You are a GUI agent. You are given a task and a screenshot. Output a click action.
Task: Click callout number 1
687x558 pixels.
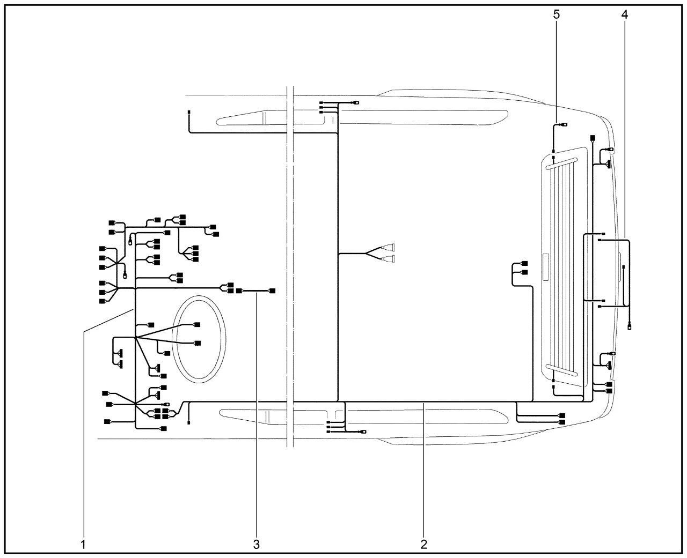tap(83, 544)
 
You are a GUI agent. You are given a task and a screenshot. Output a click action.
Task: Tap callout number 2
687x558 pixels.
tap(424, 544)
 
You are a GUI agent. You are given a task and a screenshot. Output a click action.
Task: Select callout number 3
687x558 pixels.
tap(257, 544)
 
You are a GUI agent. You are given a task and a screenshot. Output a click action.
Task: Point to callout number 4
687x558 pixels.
tap(624, 14)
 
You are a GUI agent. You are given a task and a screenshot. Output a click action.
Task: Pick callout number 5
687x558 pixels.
tap(557, 14)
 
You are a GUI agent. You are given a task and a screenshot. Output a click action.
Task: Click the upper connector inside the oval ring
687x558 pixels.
tap(197, 324)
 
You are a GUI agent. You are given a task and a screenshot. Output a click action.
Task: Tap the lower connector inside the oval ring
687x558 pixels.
tap(198, 343)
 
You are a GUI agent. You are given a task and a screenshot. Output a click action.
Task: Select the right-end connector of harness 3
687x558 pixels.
tap(272, 291)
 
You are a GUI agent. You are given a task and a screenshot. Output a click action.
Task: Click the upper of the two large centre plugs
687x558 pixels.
tap(389, 248)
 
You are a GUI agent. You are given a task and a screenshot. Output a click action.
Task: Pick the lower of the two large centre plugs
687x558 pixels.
tap(389, 259)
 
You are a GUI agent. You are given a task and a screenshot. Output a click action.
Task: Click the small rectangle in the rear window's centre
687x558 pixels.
tap(546, 266)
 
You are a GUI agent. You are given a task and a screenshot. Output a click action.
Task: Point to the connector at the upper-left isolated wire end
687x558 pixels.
tap(189, 112)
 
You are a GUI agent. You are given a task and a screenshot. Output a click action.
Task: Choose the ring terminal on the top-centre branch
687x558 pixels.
tap(356, 102)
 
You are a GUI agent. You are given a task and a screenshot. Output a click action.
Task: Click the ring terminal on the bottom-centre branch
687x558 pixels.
tap(363, 431)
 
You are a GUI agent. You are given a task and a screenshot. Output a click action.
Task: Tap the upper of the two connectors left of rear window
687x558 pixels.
tap(524, 264)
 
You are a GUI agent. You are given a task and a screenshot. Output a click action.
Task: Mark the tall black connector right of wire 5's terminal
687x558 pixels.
tap(593, 138)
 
